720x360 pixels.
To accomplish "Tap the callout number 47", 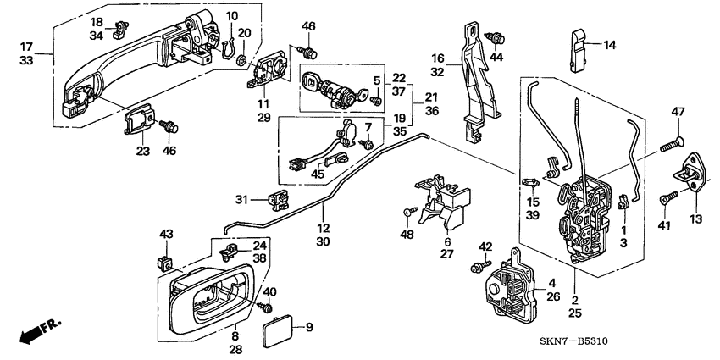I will coord(678,112).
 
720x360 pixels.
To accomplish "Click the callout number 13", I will coord(695,219).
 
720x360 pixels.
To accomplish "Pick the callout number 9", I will coord(308,326).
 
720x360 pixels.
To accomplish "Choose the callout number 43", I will coord(166,233).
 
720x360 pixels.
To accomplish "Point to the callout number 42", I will coord(485,246).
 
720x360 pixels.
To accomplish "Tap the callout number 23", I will coord(142,152).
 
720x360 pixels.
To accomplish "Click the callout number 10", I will coord(232,16).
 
